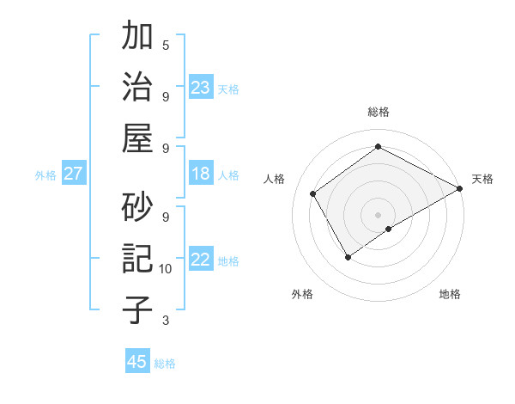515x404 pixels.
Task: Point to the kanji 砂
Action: tap(138, 206)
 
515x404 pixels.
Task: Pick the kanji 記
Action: tap(138, 258)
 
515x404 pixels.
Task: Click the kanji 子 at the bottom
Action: tap(138, 309)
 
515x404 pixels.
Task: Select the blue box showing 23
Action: tap(201, 87)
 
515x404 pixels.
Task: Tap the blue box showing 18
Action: tap(201, 174)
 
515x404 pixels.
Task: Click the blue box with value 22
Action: tap(201, 260)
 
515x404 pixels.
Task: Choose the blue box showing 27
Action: tap(73, 174)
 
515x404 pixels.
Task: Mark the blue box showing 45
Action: tap(137, 362)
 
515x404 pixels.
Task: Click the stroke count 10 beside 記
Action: tap(166, 269)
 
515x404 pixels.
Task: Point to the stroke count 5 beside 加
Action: tap(166, 45)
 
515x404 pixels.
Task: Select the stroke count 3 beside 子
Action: tap(166, 321)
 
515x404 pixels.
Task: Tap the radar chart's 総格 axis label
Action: tap(378, 112)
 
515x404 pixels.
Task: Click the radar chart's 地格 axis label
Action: tap(450, 294)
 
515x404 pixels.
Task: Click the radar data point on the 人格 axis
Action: tap(313, 193)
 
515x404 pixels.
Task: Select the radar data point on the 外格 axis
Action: tap(348, 257)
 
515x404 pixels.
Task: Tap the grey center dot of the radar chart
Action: tap(378, 213)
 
